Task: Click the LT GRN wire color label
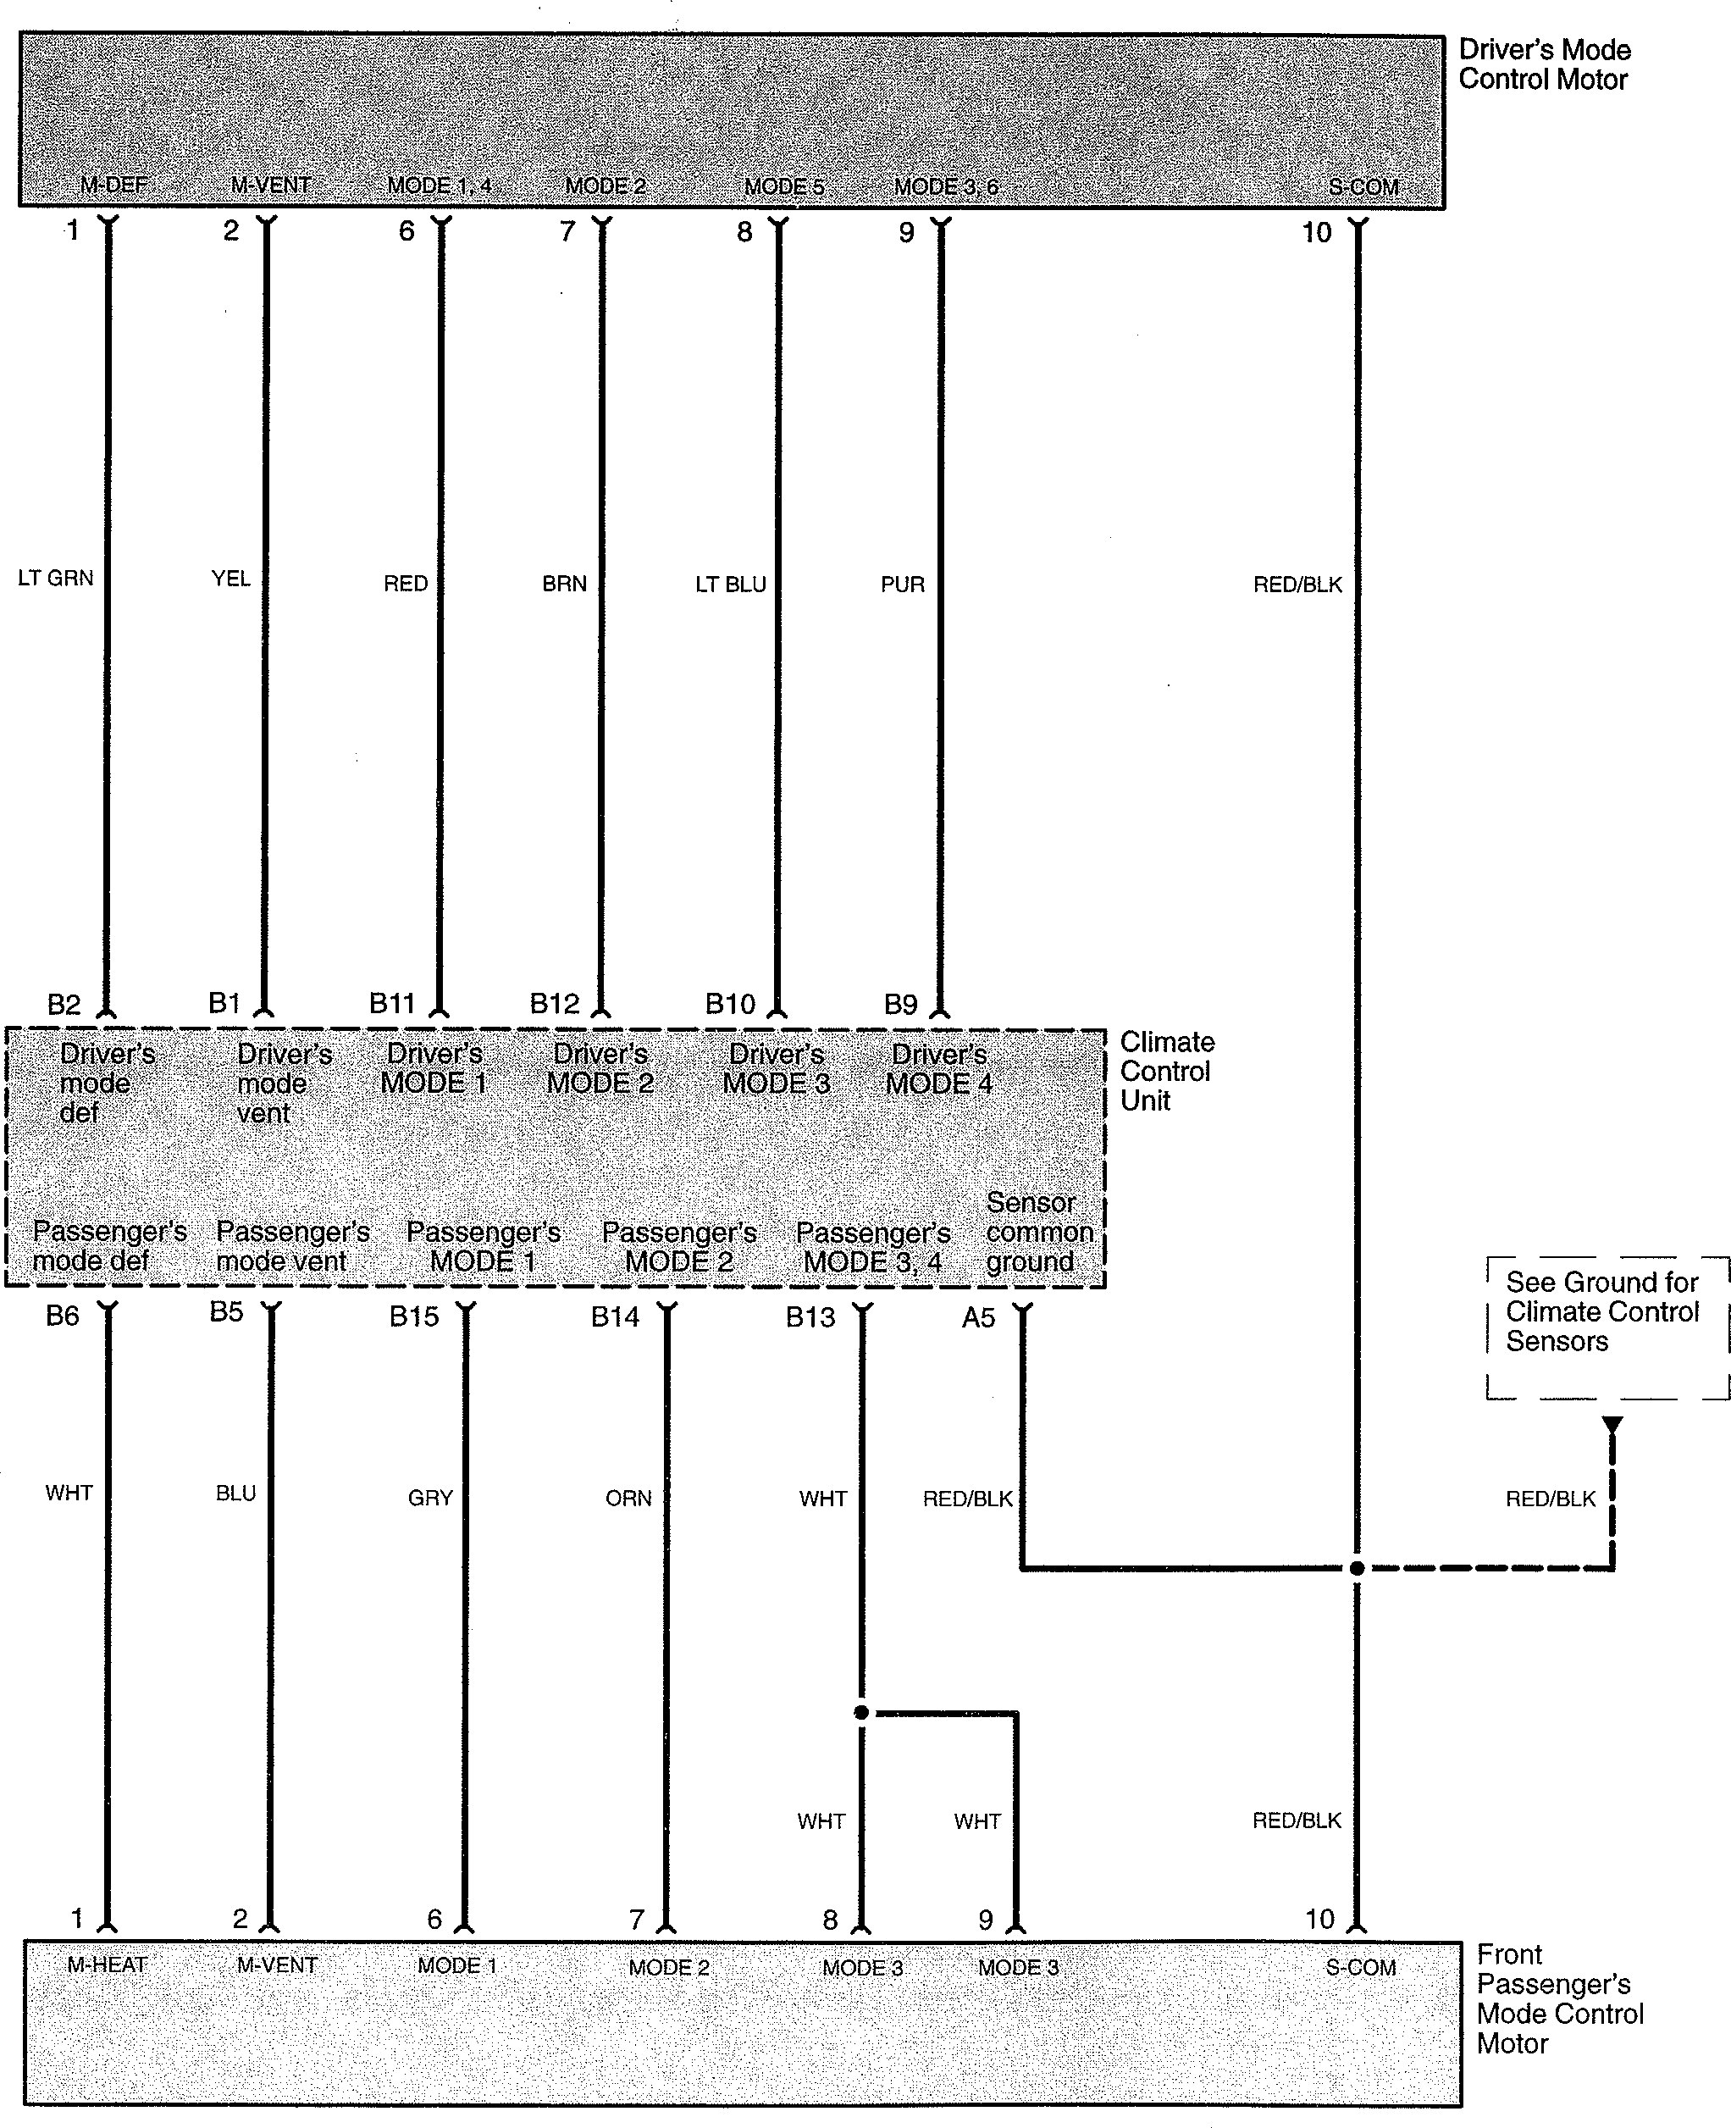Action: click(56, 578)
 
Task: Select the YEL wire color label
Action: click(230, 579)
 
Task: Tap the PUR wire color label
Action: click(903, 585)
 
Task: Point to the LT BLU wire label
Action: click(731, 585)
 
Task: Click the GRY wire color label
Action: click(431, 1498)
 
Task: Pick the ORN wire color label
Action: click(628, 1498)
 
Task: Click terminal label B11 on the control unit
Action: click(392, 1003)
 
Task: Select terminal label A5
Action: click(978, 1318)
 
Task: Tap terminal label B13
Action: click(810, 1317)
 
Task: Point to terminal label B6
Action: click(62, 1316)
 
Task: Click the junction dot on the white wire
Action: click(861, 1712)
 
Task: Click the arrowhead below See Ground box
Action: click(1612, 1427)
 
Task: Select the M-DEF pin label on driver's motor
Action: click(113, 186)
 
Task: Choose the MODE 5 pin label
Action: click(783, 186)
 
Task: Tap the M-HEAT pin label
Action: click(107, 1965)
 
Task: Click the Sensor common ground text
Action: click(1039, 1232)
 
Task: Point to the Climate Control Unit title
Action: click(1167, 1071)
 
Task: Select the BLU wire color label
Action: click(236, 1493)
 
